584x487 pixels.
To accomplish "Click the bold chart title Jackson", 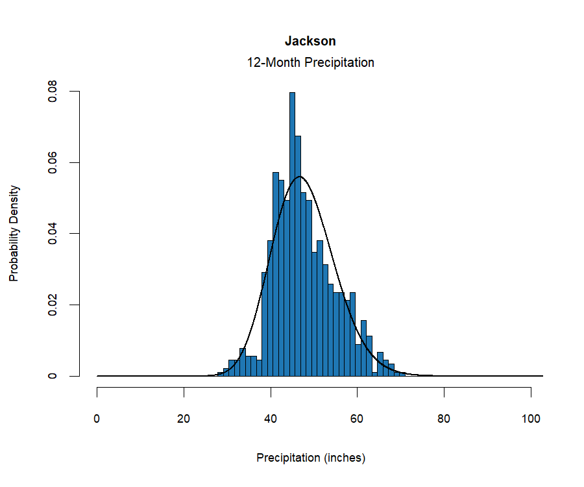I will (310, 41).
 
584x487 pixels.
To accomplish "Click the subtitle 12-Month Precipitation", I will (310, 63).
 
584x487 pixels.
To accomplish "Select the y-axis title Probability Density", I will (14, 233).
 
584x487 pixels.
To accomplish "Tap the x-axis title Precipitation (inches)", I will (311, 458).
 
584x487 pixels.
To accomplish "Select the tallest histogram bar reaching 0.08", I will (292, 234).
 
